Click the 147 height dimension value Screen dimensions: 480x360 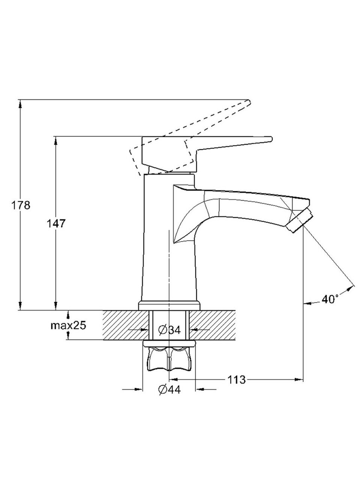coord(55,224)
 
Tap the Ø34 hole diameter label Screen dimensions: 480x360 coord(169,330)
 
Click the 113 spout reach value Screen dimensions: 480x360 coord(236,380)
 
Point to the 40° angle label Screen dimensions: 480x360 coord(330,299)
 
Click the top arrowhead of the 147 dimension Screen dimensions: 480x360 coord(55,139)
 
